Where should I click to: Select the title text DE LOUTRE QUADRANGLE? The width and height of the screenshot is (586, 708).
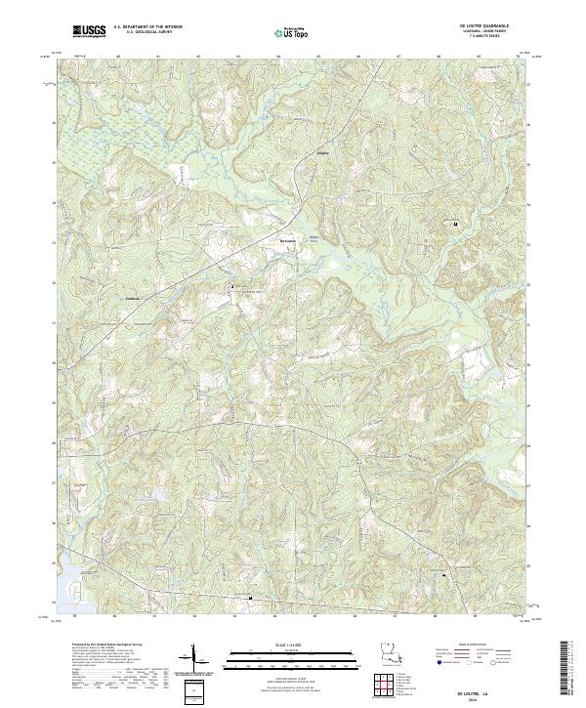[478, 26]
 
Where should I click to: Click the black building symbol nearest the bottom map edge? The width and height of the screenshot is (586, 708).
[251, 598]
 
